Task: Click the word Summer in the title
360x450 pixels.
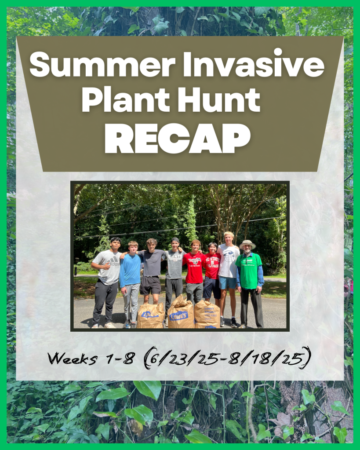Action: (102, 65)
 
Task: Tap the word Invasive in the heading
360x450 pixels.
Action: (254, 64)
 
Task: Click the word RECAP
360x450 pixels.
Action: (178, 139)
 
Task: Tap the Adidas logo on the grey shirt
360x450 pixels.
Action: (113, 261)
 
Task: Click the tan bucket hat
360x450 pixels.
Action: (247, 245)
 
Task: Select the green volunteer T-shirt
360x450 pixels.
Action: (248, 271)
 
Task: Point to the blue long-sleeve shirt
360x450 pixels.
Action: (130, 270)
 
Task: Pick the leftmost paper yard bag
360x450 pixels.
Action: (150, 316)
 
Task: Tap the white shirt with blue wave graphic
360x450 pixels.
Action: (229, 261)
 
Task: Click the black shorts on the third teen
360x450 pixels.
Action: (150, 285)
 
